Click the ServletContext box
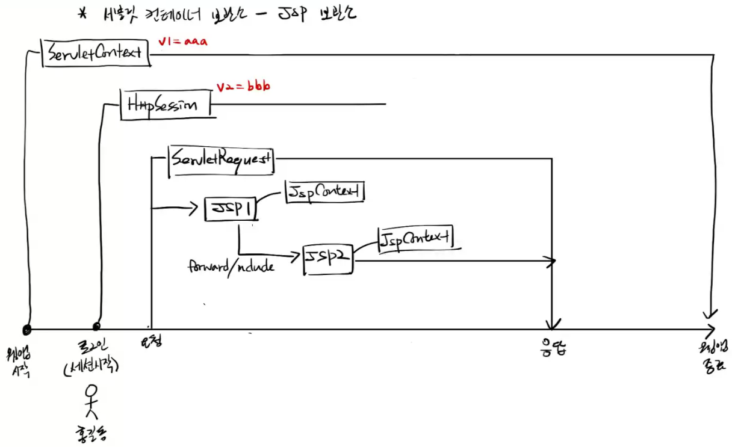click(x=95, y=52)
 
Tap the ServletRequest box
click(x=221, y=161)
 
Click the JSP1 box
click(x=229, y=209)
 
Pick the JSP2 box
click(x=328, y=259)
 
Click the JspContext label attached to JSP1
click(x=325, y=192)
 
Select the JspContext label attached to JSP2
click(x=415, y=239)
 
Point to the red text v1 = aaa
click(x=183, y=42)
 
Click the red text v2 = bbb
click(x=243, y=87)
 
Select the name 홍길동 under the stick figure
click(x=91, y=434)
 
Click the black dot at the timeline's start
click(x=26, y=329)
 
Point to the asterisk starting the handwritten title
click(x=84, y=13)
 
